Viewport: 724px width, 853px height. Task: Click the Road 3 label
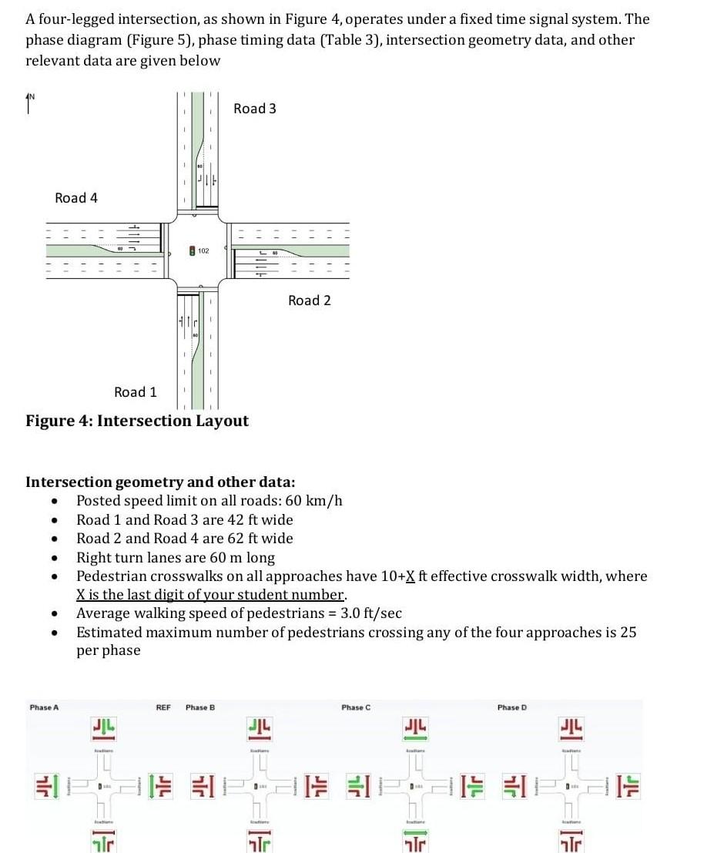254,109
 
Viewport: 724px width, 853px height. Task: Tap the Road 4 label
76,198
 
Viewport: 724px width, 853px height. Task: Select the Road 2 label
309,301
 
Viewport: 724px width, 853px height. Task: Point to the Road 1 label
135,392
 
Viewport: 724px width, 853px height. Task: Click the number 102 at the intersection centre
203,251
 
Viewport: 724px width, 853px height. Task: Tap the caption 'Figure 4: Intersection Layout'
137,421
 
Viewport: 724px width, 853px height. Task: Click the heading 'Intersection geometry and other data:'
160,482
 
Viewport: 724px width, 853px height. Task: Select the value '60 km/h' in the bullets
317,502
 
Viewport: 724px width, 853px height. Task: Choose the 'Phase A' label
44,707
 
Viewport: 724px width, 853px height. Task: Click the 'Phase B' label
200,707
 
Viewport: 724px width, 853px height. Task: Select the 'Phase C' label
357,707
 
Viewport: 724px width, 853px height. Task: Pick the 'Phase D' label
512,707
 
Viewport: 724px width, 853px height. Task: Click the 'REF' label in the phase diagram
163,707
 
